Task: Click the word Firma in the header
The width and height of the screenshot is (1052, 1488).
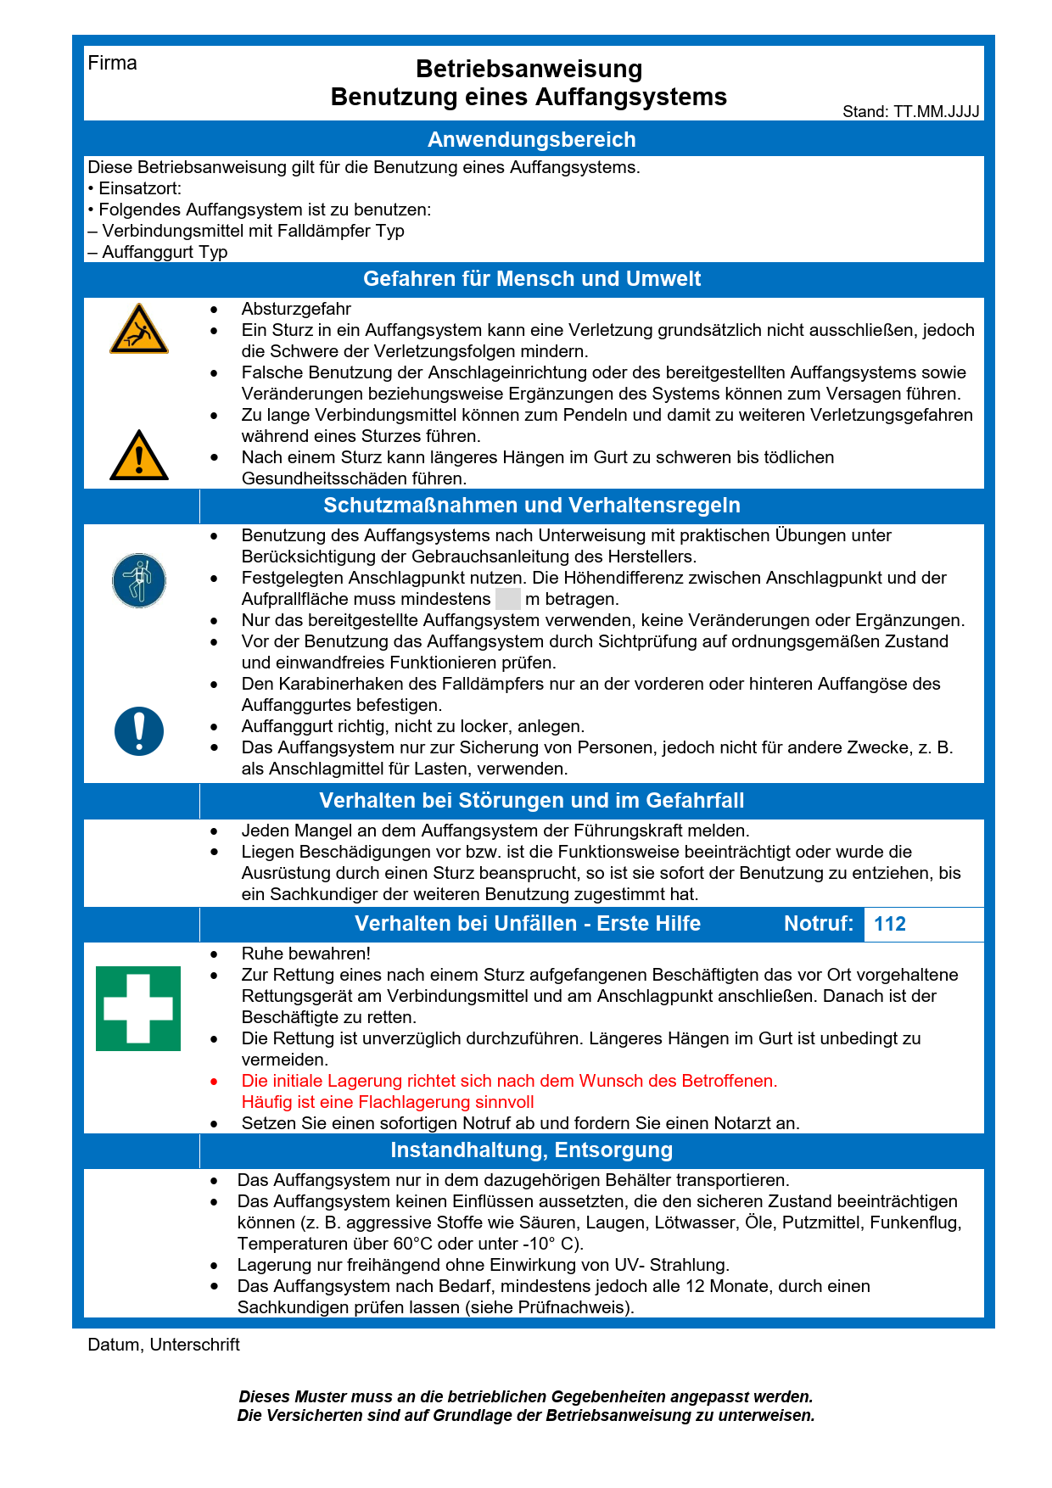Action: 112,64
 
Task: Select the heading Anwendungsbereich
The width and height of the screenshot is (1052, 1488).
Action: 531,140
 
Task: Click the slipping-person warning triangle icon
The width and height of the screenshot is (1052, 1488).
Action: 139,330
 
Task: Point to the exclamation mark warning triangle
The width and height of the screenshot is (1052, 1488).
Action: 139,456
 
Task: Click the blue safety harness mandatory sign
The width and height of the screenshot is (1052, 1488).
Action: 139,581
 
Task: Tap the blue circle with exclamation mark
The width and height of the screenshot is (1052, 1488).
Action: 139,731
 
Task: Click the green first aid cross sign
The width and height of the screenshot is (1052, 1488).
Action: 138,1009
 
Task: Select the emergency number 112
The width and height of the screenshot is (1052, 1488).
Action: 890,925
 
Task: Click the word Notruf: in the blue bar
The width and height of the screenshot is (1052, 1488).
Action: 818,924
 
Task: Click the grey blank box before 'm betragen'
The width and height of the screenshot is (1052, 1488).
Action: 507,599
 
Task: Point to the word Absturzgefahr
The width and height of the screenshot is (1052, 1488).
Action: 296,309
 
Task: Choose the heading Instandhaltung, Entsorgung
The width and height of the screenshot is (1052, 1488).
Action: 531,1150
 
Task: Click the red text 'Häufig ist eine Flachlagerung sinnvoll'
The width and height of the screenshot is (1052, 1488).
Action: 388,1102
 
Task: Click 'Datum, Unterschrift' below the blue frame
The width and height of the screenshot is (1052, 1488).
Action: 164,1345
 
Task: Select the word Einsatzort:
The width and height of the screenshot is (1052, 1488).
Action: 140,188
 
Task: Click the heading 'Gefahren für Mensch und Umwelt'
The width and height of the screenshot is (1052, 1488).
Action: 532,279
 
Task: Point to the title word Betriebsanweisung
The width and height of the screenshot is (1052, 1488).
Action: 529,69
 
